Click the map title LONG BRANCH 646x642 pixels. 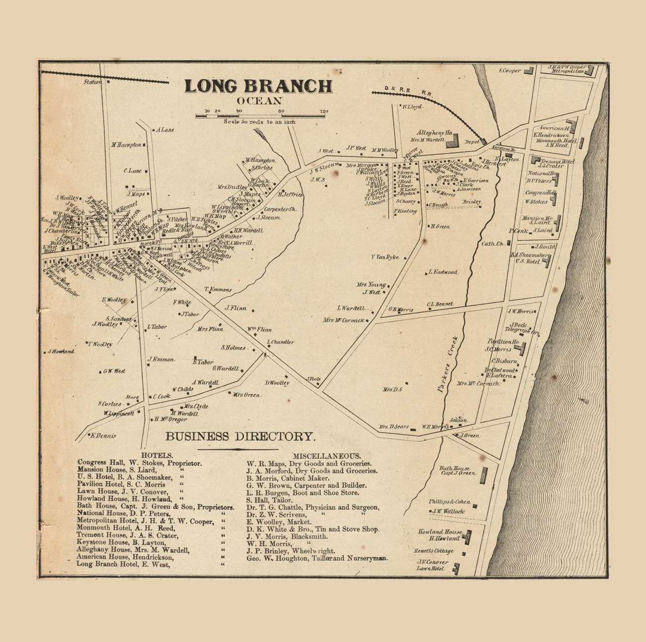pyautogui.click(x=258, y=86)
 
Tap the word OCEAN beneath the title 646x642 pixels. pyautogui.click(x=259, y=100)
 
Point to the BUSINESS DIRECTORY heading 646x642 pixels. pyautogui.click(x=241, y=437)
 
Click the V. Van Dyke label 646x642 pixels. pyautogui.click(x=385, y=257)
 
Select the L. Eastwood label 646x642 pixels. pyautogui.click(x=443, y=272)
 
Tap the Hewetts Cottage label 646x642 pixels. pyautogui.click(x=434, y=551)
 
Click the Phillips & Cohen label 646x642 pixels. pyautogui.click(x=449, y=502)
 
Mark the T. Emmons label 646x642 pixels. pyautogui.click(x=218, y=290)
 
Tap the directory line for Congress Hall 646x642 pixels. pyautogui.click(x=139, y=462)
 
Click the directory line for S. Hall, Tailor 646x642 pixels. pyautogui.click(x=269, y=500)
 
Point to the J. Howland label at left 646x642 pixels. pyautogui.click(x=61, y=351)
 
